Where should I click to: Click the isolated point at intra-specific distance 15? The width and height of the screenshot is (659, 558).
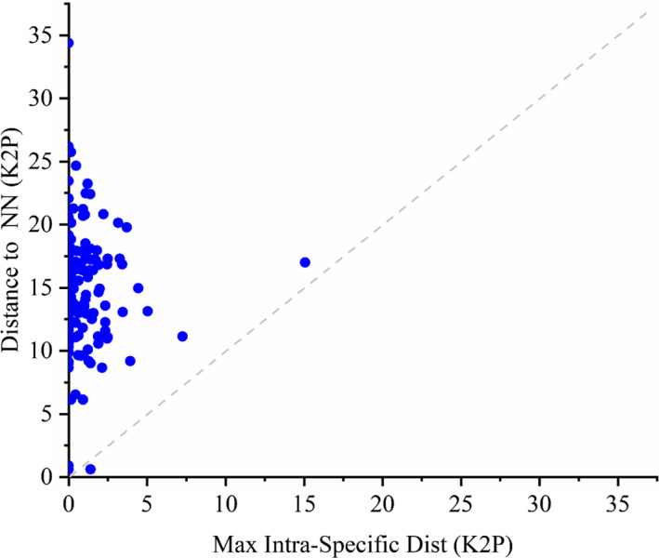[305, 262]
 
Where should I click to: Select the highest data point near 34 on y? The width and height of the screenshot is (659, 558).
[69, 43]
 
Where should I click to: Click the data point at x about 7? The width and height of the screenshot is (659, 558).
[182, 337]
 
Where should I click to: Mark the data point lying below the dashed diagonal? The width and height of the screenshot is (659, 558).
[90, 469]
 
